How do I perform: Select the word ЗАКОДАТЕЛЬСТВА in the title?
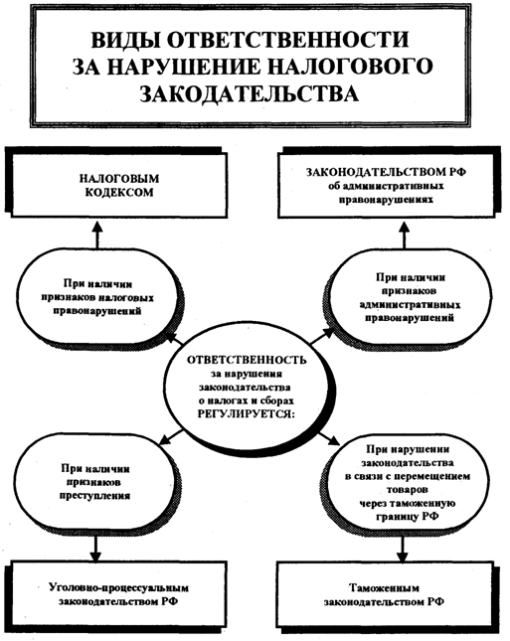click(250, 93)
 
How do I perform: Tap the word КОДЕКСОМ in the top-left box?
click(119, 193)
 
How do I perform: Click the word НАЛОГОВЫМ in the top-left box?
click(119, 179)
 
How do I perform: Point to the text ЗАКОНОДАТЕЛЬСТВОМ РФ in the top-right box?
click(386, 172)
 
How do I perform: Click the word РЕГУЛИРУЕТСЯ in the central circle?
click(247, 413)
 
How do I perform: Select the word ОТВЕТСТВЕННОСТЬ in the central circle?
click(247, 360)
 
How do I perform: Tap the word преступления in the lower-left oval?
click(95, 496)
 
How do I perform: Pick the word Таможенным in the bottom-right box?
click(384, 588)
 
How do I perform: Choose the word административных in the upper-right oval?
click(410, 305)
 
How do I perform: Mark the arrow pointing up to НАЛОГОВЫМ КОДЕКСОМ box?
click(97, 235)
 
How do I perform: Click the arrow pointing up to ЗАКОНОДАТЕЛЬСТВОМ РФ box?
click(405, 235)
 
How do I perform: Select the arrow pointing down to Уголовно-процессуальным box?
click(95, 548)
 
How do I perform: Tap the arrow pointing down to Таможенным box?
click(402, 548)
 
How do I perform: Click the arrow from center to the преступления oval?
click(171, 436)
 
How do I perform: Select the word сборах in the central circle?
click(276, 401)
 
